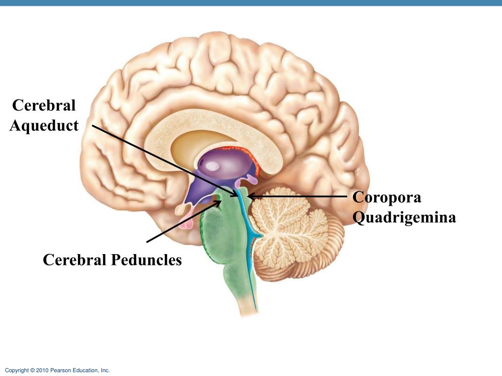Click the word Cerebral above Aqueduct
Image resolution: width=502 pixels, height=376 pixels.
[44, 105]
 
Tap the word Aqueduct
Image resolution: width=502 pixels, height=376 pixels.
[44, 126]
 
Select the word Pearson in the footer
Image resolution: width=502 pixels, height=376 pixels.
[61, 371]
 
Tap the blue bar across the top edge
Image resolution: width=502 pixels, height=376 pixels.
[251, 2]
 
